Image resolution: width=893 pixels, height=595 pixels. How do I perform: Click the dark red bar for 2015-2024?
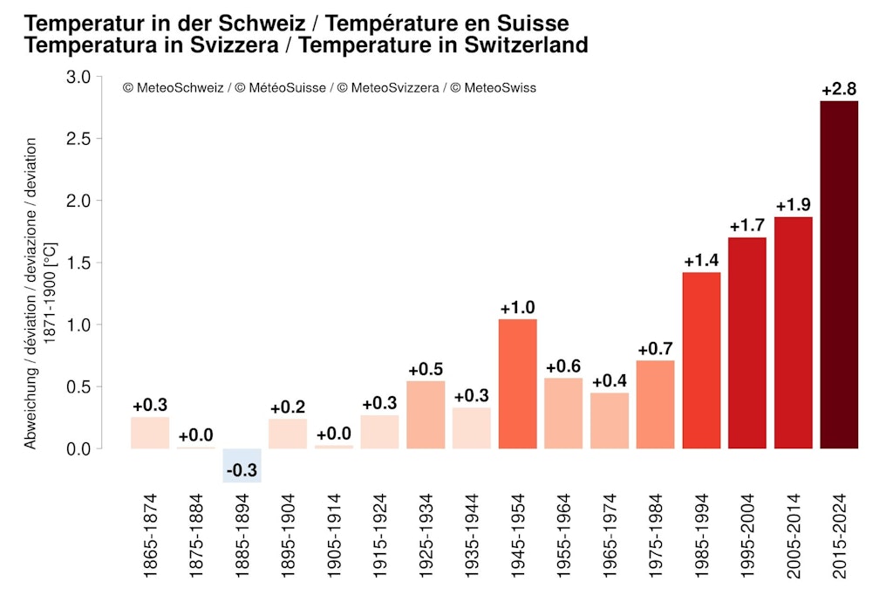click(839, 275)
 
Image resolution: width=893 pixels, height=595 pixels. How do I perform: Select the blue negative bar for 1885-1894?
click(242, 465)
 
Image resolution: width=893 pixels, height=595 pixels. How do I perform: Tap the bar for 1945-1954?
click(517, 384)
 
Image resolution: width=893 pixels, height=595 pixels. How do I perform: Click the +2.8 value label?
click(839, 89)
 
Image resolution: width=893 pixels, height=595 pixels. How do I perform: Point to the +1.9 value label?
click(793, 205)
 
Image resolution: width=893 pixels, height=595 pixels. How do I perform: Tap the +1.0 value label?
click(517, 307)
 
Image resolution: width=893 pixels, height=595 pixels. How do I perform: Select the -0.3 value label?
click(242, 471)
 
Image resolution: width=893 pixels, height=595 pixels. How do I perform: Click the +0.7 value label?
click(655, 349)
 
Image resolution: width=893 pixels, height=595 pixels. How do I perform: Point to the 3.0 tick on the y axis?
click(78, 78)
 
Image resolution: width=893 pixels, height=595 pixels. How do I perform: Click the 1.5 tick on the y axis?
click(78, 263)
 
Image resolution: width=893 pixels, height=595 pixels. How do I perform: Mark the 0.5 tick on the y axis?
click(78, 386)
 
